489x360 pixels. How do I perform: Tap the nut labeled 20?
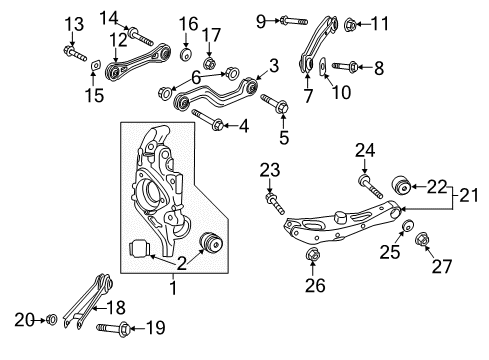tap(50, 320)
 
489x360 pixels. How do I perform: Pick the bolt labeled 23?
tap(273, 203)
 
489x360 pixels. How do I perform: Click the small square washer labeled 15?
tap(93, 68)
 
